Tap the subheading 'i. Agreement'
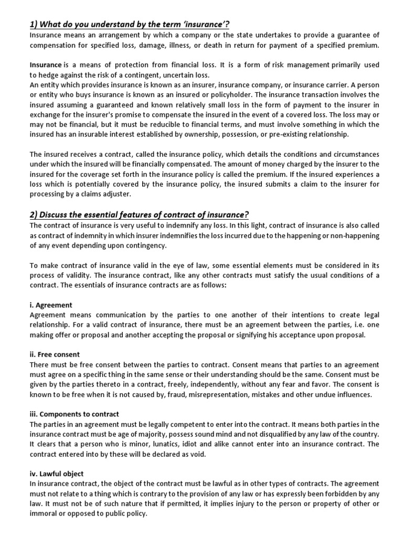[x=51, y=305]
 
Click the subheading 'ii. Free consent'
[x=55, y=354]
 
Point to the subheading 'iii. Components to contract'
[x=74, y=414]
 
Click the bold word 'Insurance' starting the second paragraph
[x=45, y=65]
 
